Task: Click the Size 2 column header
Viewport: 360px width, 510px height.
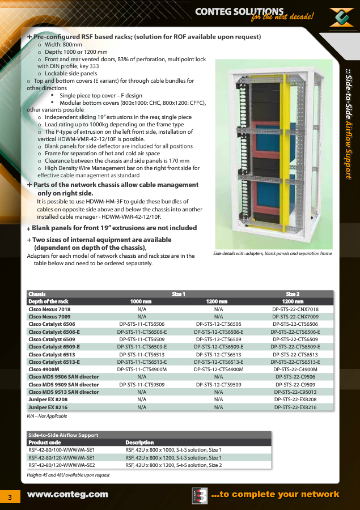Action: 293,294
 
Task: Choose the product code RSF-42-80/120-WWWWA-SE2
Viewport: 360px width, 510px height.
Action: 61,465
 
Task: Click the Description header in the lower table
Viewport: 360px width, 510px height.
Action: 139,443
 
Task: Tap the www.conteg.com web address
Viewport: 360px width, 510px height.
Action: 67,494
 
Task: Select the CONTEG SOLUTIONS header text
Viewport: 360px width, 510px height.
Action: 239,12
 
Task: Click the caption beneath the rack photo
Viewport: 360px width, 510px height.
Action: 273,253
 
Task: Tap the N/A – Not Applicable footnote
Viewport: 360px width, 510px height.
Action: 47,416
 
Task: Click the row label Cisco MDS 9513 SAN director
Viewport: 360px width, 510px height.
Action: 63,392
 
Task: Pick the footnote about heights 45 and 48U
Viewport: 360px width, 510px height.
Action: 68,475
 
